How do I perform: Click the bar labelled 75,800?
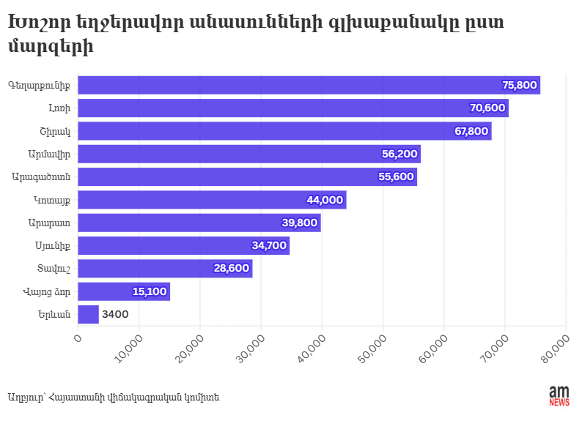pyautogui.click(x=308, y=85)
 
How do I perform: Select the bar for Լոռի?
pyautogui.click(x=293, y=108)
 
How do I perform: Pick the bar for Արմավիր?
pyautogui.click(x=249, y=154)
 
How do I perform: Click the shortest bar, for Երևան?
pyautogui.click(x=88, y=314)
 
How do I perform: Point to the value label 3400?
pyautogui.click(x=116, y=314)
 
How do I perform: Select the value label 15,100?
pyautogui.click(x=150, y=291)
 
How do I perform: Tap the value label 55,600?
pyautogui.click(x=396, y=176)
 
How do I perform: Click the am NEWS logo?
pyautogui.click(x=559, y=396)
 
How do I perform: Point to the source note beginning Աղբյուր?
pyautogui.click(x=114, y=397)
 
